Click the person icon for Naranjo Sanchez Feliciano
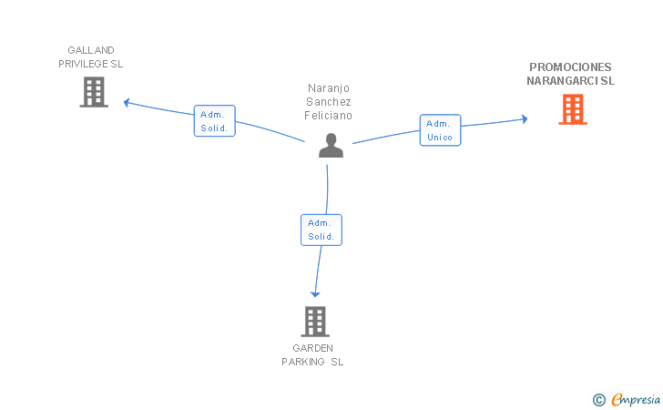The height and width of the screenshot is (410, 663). coord(331,146)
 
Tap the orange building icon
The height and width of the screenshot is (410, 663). coord(573,109)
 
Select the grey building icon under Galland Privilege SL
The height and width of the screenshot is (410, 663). coord(94,92)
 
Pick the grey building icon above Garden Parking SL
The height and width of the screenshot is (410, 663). coord(315,321)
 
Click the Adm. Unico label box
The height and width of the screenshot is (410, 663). coord(440,130)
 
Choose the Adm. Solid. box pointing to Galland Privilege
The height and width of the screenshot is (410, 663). coord(214,121)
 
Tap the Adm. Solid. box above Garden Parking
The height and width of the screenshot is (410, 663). coord(321,230)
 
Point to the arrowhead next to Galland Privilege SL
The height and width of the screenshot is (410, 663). coord(126,102)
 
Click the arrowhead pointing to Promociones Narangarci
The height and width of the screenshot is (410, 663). coord(525,118)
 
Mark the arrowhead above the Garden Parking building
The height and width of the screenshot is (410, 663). coord(315,294)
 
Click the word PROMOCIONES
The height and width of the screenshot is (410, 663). coord(570,67)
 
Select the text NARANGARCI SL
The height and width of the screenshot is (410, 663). coord(570,80)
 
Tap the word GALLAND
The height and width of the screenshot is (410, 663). coord(91,50)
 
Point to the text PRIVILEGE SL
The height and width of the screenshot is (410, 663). coord(90,64)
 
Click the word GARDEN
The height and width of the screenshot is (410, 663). coord(313,348)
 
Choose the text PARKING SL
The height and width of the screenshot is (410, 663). coord(312,362)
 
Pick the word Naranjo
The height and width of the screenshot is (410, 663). coord(329,88)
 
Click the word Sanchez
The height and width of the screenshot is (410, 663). coord(329,102)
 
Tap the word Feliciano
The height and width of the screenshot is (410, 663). coord(328,116)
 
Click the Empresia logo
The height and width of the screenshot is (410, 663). coord(627,399)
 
